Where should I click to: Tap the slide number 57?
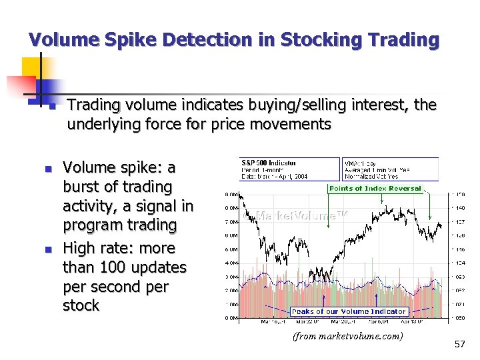[459, 344]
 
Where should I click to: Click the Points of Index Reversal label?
[375, 189]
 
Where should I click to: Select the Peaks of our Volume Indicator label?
[349, 311]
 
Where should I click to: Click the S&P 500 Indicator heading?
[269, 163]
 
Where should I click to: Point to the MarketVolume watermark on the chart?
[301, 215]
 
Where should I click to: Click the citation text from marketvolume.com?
[347, 336]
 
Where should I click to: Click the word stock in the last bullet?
[80, 306]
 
